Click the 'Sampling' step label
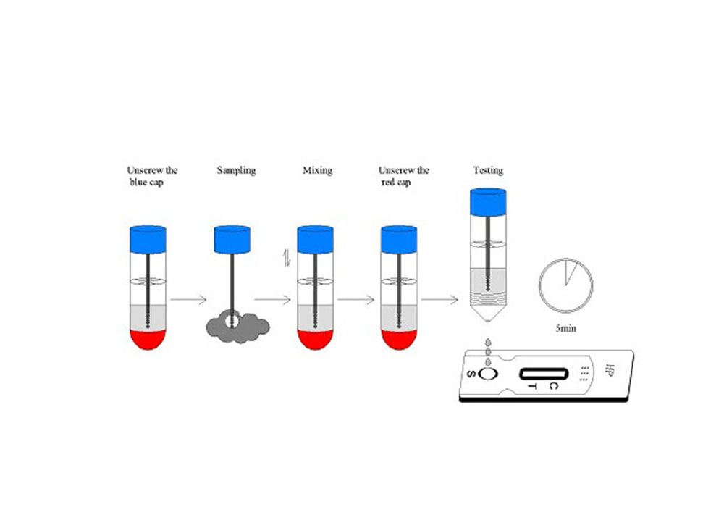coord(236,171)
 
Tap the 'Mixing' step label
coord(317,171)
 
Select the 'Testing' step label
coord(488,171)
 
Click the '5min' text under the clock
coord(566,328)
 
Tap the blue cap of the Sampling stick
coord(232,239)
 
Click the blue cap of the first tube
coord(148,239)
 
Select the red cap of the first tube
coord(148,339)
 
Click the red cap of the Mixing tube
coord(317,339)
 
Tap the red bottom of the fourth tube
coord(400,339)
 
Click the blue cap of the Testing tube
coord(488,202)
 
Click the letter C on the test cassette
coord(553,386)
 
